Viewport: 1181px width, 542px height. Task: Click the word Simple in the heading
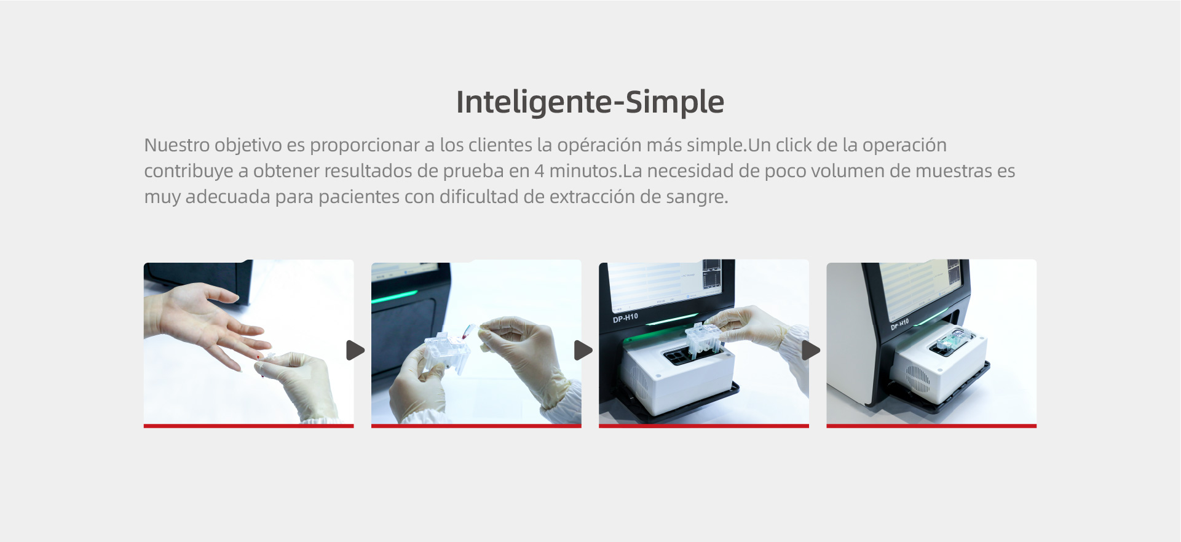675,102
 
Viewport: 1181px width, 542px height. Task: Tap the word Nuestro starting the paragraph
177,145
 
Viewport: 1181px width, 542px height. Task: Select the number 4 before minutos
539,171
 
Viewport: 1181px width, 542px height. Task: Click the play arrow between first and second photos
355,350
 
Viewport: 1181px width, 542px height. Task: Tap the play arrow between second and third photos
583,350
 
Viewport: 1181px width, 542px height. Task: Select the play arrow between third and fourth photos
811,350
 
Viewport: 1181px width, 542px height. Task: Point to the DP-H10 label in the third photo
625,318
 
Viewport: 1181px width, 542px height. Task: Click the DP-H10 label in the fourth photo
899,324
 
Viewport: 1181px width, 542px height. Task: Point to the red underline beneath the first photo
249,426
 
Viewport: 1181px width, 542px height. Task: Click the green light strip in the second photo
394,297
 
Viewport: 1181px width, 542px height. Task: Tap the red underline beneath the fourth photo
931,426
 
